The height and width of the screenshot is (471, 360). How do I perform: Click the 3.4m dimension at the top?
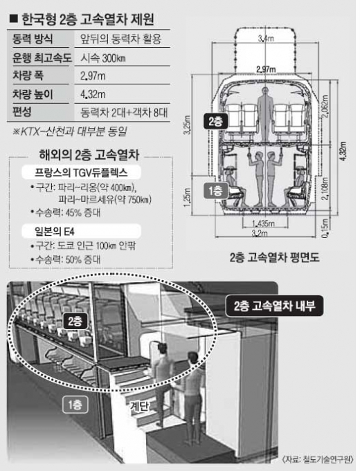pyautogui.click(x=266, y=39)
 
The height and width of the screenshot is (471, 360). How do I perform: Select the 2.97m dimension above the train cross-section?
pyautogui.click(x=266, y=69)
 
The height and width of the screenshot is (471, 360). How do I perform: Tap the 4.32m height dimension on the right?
pyautogui.click(x=343, y=151)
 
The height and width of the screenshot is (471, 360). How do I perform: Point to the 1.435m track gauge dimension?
pyautogui.click(x=263, y=223)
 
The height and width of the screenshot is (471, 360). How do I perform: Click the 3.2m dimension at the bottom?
pyautogui.click(x=260, y=233)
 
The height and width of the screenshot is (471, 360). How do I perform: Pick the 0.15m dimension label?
pyautogui.click(x=325, y=228)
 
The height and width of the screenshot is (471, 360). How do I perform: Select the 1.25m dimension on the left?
pyautogui.click(x=187, y=197)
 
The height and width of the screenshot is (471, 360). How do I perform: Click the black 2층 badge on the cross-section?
pyautogui.click(x=215, y=121)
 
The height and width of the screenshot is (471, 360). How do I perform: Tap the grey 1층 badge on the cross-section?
pyautogui.click(x=215, y=191)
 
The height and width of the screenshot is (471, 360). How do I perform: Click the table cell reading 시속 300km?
pyautogui.click(x=103, y=57)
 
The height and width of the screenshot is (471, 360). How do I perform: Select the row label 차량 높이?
pyautogui.click(x=33, y=94)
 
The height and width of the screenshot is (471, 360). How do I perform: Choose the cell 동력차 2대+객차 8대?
pyautogui.click(x=124, y=112)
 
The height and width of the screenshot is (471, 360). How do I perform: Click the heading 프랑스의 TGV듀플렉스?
pyautogui.click(x=81, y=172)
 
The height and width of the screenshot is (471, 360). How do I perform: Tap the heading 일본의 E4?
pyautogui.click(x=55, y=231)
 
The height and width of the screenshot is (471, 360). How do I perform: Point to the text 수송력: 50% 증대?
pyautogui.click(x=68, y=259)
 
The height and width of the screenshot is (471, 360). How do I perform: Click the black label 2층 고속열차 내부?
pyautogui.click(x=275, y=306)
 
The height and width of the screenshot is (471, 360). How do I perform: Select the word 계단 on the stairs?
pyautogui.click(x=140, y=407)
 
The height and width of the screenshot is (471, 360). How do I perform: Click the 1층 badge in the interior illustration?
pyautogui.click(x=75, y=405)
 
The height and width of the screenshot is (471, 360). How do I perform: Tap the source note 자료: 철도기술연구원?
pyautogui.click(x=318, y=459)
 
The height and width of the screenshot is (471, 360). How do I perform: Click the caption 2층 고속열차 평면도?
pyautogui.click(x=275, y=257)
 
